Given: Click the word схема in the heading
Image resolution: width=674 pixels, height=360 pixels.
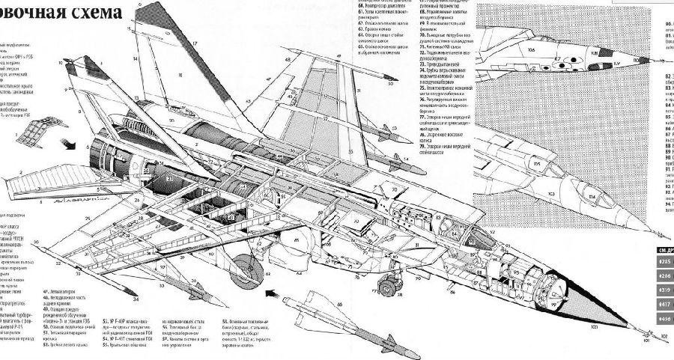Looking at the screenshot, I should [x=92, y=13].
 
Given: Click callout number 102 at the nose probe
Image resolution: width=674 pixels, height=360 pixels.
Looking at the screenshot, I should [x=662, y=337].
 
